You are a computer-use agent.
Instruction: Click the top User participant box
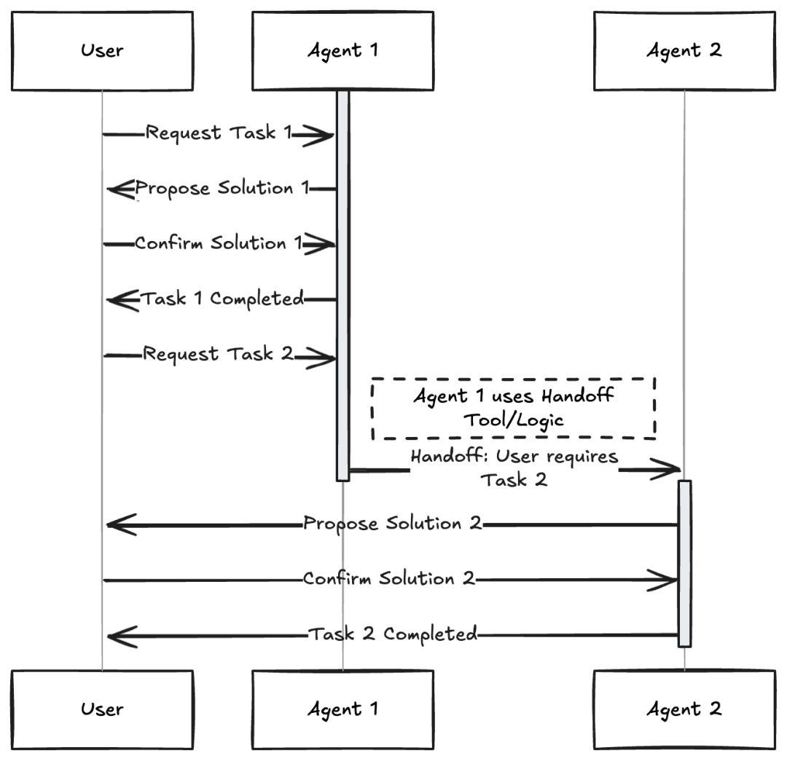coord(102,51)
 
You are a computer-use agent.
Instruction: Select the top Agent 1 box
coord(342,51)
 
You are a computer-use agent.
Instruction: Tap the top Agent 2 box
coord(684,51)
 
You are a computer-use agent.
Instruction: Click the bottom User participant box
coord(102,709)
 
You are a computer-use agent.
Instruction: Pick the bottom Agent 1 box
coord(342,709)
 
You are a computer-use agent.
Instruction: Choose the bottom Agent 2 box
coord(684,709)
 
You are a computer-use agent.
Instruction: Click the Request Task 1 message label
coord(219,133)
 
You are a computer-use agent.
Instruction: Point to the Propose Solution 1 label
coord(221,189)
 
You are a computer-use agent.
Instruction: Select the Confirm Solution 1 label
coord(219,243)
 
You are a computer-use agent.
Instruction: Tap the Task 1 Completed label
coord(222,299)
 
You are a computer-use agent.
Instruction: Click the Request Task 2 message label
coord(218,355)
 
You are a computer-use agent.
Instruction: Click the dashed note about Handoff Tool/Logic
coord(514,409)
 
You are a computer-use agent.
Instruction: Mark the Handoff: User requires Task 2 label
coord(514,468)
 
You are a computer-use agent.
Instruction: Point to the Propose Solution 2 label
coord(393,524)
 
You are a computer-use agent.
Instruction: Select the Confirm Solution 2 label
coord(389,579)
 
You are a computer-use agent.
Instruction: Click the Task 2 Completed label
coord(393,634)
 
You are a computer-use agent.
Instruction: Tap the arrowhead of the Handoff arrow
coord(667,470)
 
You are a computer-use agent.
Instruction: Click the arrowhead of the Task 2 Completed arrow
coord(120,635)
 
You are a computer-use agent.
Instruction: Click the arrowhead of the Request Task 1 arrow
coord(319,135)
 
